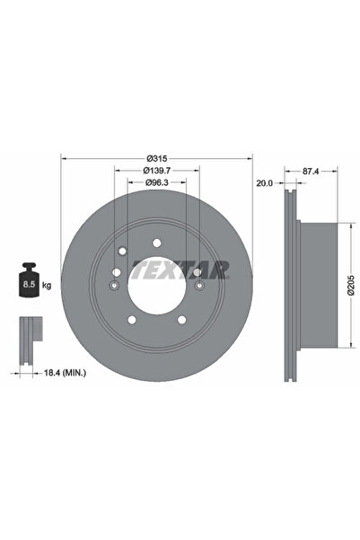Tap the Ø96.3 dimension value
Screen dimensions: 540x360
pyautogui.click(x=157, y=182)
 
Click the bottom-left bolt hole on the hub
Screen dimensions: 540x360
pyautogui.click(x=131, y=321)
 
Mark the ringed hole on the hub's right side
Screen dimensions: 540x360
pyautogui.click(x=197, y=286)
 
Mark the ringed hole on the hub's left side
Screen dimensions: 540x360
pyautogui.click(x=113, y=286)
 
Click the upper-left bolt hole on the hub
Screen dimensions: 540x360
pyautogui.click(x=120, y=251)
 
